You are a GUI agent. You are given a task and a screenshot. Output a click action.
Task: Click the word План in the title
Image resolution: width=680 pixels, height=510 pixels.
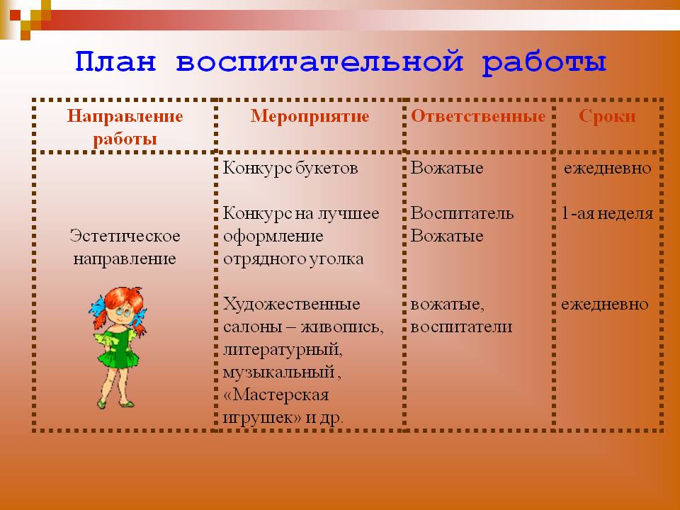[115, 61]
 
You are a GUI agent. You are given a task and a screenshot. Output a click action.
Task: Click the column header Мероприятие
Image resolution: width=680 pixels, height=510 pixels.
[310, 117]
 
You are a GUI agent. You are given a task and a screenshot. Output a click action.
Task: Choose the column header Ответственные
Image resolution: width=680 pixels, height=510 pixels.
[478, 115]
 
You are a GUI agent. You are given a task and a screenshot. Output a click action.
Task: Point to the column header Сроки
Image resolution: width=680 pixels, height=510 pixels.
[607, 116]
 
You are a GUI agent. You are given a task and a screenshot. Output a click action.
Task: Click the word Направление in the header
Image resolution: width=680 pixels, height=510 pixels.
[125, 117]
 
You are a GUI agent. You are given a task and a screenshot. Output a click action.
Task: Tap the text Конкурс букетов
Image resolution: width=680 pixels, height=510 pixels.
[290, 168]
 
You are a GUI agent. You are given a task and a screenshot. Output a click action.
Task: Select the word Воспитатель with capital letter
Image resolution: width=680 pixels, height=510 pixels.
[462, 213]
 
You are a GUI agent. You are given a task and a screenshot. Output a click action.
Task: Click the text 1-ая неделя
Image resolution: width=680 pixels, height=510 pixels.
[607, 213]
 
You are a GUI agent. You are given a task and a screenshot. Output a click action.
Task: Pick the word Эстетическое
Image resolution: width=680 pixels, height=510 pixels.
[125, 236]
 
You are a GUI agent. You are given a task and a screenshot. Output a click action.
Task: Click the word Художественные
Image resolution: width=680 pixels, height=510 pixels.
[291, 304]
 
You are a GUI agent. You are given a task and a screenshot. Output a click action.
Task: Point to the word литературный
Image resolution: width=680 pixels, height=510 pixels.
[283, 349]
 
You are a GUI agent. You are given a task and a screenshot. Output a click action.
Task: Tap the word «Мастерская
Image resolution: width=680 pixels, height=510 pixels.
[276, 395]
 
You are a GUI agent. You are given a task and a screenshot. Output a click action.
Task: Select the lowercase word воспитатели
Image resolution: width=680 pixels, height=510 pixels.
[461, 327]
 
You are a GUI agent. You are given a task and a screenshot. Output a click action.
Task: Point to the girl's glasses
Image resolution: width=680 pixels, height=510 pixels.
[123, 312]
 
